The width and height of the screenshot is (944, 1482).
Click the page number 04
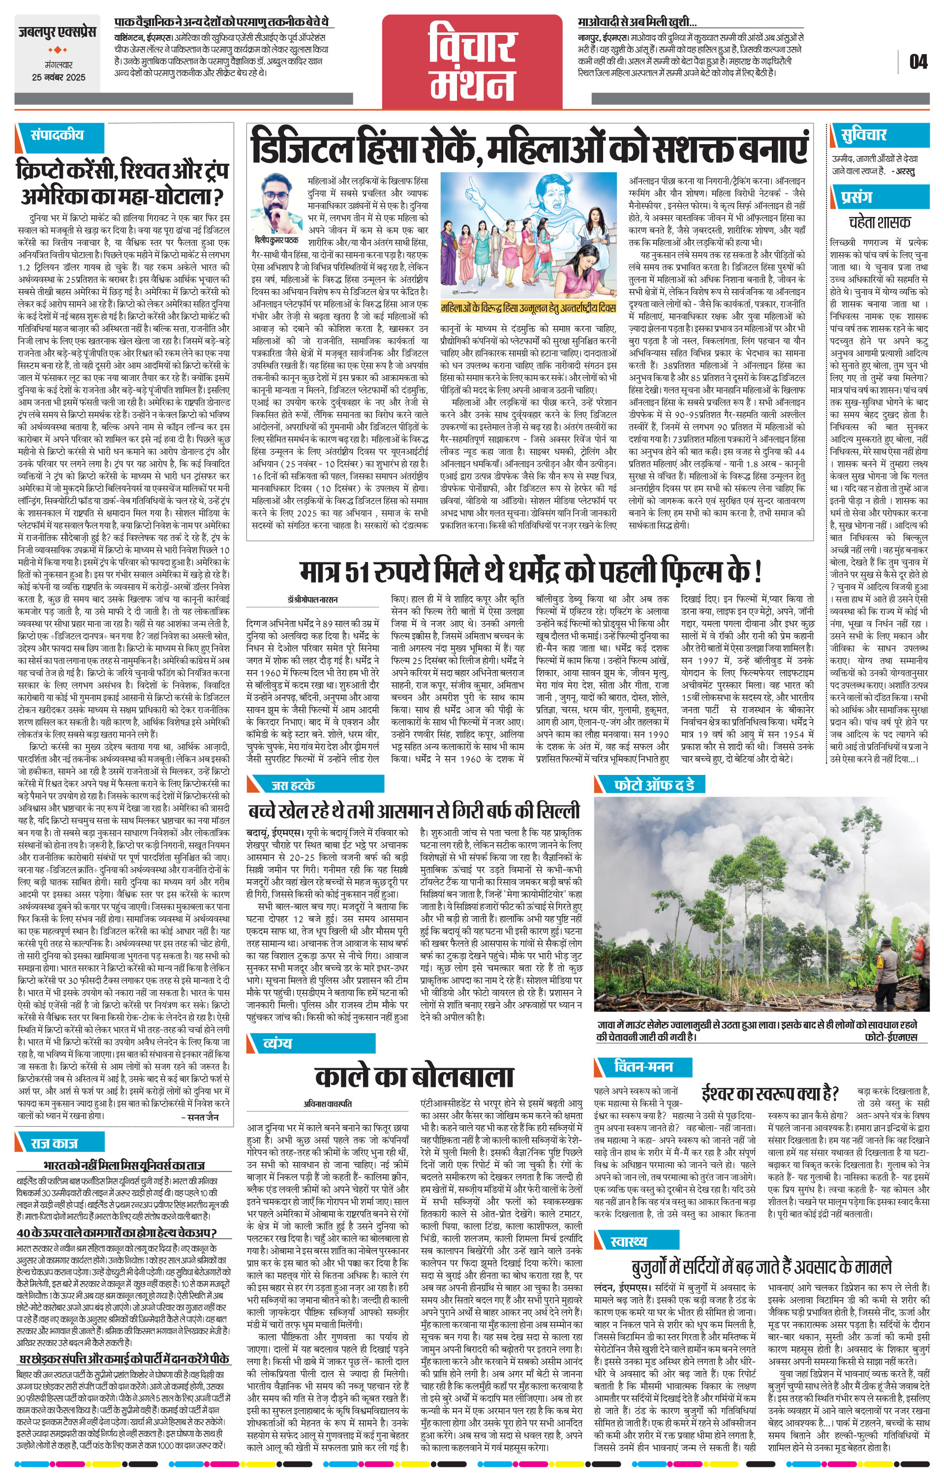pyautogui.click(x=917, y=62)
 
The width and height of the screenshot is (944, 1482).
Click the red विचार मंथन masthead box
pyautogui.click(x=472, y=62)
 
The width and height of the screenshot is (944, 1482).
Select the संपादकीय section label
pyautogui.click(x=57, y=135)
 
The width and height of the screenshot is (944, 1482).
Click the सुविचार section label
pyautogui.click(x=865, y=135)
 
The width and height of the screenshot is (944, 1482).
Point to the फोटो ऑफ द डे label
pyautogui.click(x=654, y=785)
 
